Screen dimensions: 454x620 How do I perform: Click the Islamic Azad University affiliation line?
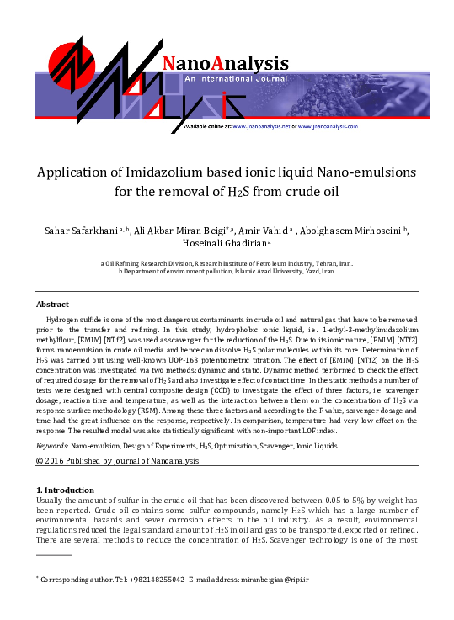pos(227,272)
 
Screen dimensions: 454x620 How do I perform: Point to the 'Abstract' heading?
pos(52,305)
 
